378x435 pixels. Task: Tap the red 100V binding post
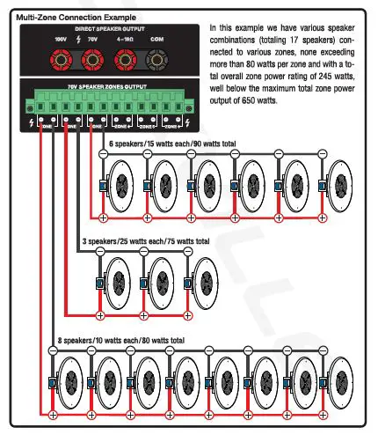coord(62,60)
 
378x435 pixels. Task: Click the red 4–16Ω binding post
coord(125,60)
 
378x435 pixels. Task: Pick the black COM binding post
coord(156,60)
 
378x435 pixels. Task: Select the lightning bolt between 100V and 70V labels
coord(77,41)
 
